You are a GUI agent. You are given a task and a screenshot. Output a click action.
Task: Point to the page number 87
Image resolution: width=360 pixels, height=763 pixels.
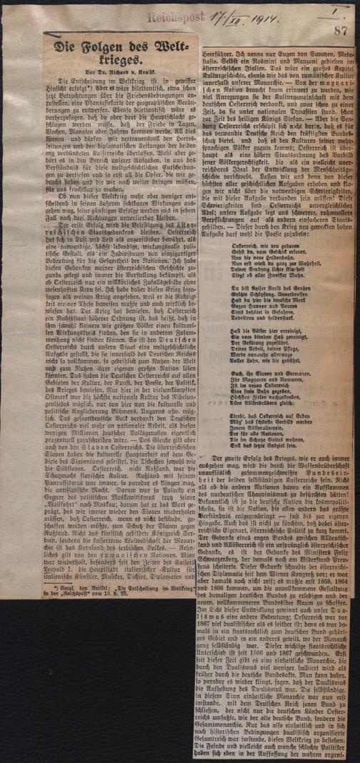(x=340, y=31)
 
